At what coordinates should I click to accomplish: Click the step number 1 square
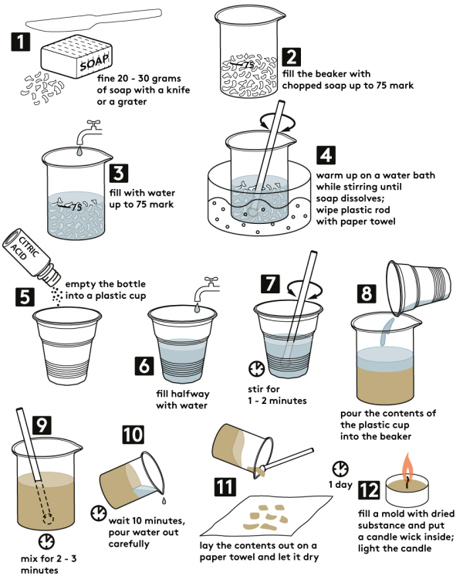coord(20,42)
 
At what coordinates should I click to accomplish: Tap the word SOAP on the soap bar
coord(94,62)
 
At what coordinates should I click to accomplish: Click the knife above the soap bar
coord(94,20)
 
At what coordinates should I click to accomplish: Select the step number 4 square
coord(326,154)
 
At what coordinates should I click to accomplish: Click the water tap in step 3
coord(89,132)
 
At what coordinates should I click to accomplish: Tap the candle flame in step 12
coord(407,466)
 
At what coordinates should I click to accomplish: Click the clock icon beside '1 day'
coord(340,469)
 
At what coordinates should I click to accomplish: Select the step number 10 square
coord(133,435)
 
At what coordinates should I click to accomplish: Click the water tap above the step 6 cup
coord(207,289)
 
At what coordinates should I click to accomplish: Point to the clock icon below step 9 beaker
coord(46,541)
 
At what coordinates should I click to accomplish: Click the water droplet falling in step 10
coord(164,500)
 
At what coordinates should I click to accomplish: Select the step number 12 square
coord(369,490)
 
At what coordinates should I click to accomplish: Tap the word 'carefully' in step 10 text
coord(129,544)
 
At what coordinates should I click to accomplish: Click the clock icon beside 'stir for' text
coord(256,369)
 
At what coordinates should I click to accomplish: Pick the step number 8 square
coord(367,293)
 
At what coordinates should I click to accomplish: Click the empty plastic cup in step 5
coord(67,346)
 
